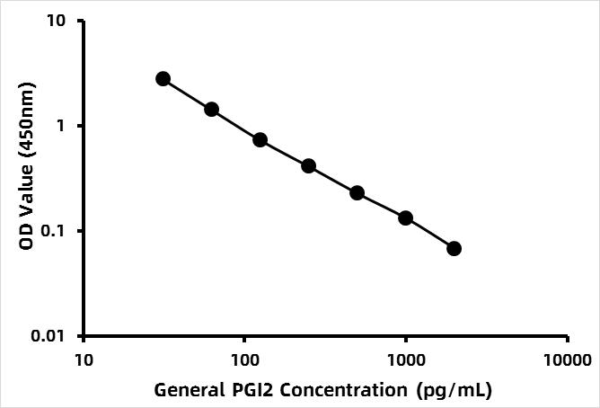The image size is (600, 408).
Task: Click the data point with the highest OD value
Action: point(163,79)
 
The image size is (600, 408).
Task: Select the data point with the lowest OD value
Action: point(454,248)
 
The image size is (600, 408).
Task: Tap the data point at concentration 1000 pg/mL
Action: point(405,218)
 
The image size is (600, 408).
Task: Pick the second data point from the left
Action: point(211,110)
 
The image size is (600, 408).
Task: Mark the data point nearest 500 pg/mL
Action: point(357,193)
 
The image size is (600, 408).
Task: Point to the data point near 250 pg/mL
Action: point(308,166)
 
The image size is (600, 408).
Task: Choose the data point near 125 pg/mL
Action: point(260,140)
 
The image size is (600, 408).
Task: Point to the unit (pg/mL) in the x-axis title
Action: point(455,391)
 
